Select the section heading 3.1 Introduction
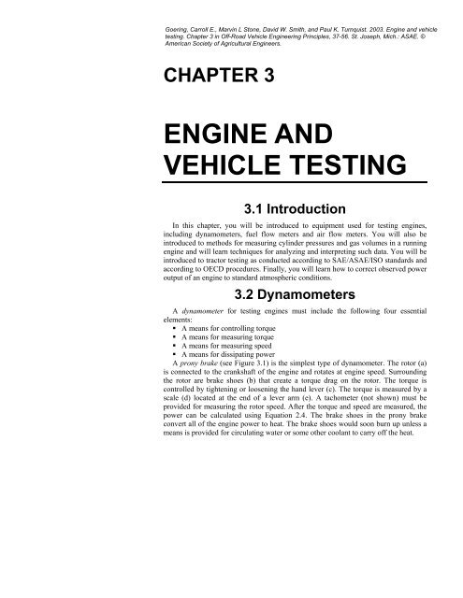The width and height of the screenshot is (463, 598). (296, 207)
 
